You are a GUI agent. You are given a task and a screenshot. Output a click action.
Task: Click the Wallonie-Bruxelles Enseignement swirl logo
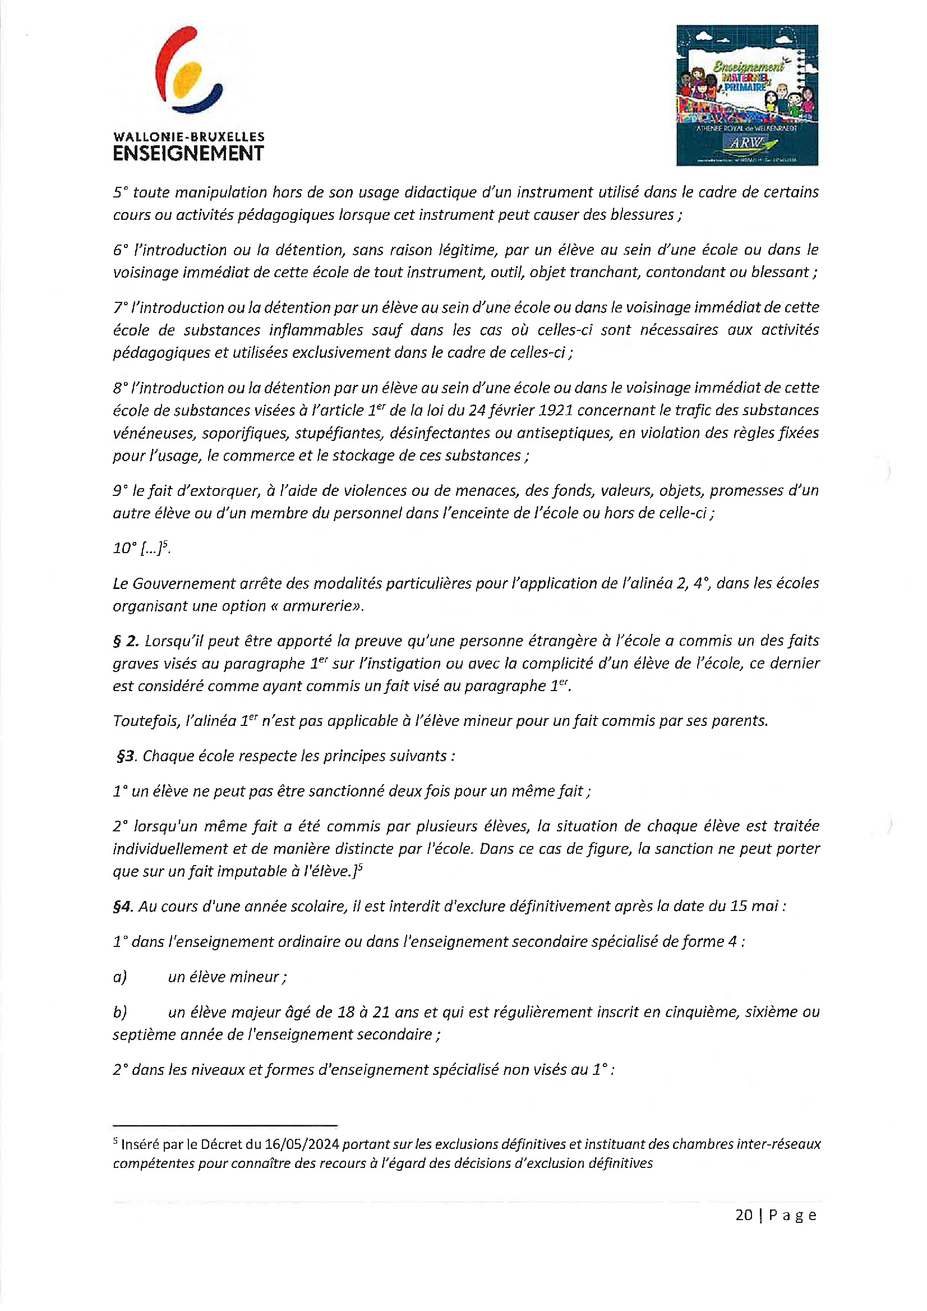[x=188, y=71]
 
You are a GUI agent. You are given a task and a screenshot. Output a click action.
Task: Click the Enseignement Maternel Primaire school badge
[x=746, y=95]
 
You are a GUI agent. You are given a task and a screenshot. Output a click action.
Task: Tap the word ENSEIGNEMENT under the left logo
[x=188, y=154]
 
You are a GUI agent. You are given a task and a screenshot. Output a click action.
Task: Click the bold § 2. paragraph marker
[x=126, y=641]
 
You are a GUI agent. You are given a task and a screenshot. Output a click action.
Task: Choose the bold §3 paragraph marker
[x=127, y=756]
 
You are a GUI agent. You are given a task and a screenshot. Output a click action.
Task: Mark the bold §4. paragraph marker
[x=123, y=907]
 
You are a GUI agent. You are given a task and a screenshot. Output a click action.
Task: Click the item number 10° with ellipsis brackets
[x=141, y=548]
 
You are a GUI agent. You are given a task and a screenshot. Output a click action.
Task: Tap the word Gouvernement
[x=183, y=583]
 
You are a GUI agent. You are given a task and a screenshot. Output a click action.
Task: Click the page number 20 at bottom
[x=744, y=1215]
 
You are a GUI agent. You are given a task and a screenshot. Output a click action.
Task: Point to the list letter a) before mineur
[x=120, y=977]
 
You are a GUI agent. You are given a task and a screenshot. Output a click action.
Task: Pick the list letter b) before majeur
[x=120, y=1013]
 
